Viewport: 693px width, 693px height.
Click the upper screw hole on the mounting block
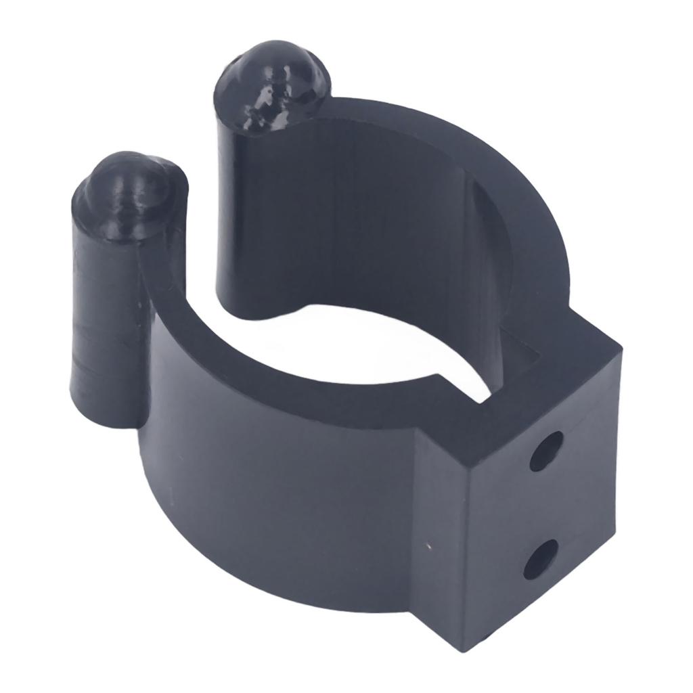point(545,450)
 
